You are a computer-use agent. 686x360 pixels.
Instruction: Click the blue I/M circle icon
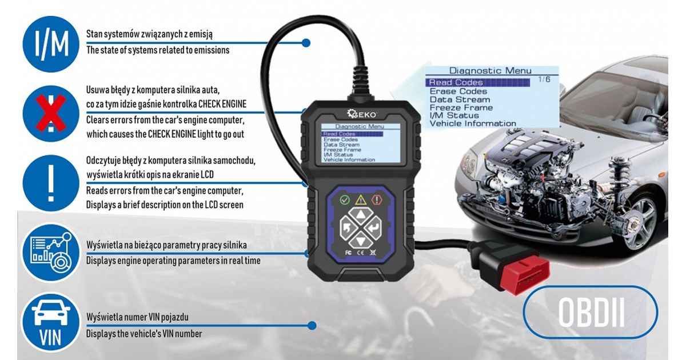pyautogui.click(x=51, y=44)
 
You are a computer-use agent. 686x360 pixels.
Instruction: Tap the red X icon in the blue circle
pyautogui.click(x=51, y=113)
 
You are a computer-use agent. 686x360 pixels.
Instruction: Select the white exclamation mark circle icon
pyautogui.click(x=51, y=183)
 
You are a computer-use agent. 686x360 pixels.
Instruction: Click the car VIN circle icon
pyautogui.click(x=51, y=322)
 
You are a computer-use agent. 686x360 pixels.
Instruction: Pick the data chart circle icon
pyautogui.click(x=51, y=253)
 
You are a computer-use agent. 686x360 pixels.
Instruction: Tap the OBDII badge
pyautogui.click(x=590, y=312)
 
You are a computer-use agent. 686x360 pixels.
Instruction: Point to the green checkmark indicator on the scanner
pyautogui.click(x=345, y=200)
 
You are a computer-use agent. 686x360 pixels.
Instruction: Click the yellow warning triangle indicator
pyautogui.click(x=361, y=200)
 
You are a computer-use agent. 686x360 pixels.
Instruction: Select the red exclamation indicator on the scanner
pyautogui.click(x=377, y=200)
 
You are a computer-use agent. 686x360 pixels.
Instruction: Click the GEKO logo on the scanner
pyautogui.click(x=362, y=114)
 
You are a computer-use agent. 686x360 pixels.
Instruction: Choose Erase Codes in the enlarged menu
pyautogui.click(x=458, y=91)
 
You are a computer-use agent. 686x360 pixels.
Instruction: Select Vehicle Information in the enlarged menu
pyautogui.click(x=473, y=123)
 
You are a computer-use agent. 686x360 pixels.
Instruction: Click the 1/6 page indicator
pyautogui.click(x=544, y=79)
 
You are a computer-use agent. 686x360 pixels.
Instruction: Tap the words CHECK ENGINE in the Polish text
pyautogui.click(x=222, y=104)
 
